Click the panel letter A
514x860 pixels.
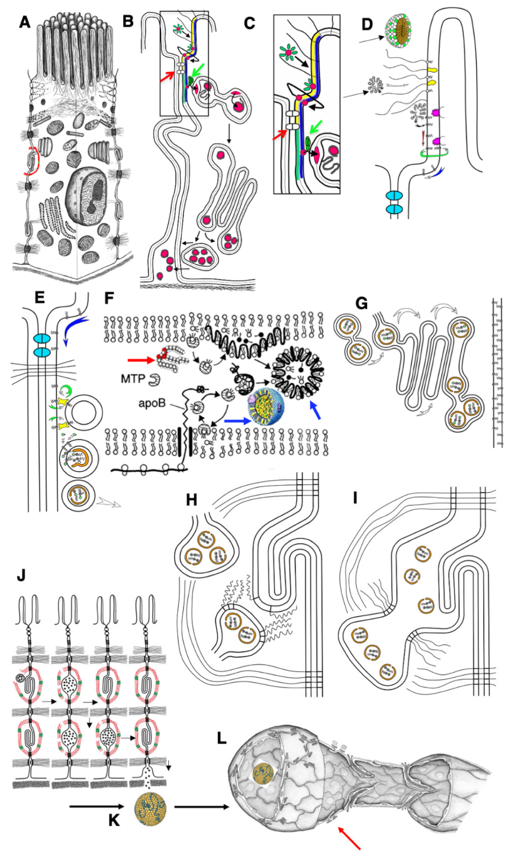click(x=25, y=21)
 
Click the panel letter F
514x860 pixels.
click(x=109, y=297)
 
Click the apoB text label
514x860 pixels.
click(x=152, y=403)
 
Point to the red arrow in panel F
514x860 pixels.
click(x=141, y=359)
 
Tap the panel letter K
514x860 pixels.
click(x=114, y=820)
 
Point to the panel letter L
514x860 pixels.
click(x=222, y=738)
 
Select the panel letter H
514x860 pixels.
click(x=191, y=500)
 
